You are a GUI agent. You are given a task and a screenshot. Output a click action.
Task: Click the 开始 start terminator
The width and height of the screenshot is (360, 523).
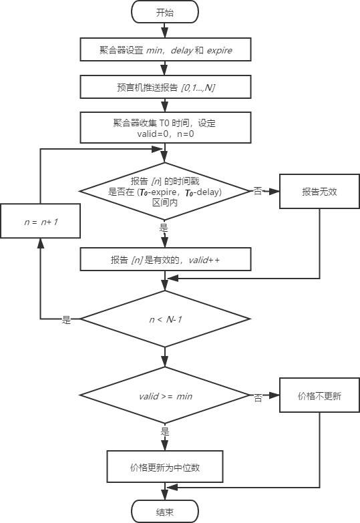coord(165,12)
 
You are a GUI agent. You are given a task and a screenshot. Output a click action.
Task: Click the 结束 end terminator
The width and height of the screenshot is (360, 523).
coord(165,512)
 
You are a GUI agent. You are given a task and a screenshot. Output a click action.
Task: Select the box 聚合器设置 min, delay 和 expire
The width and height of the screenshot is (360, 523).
coord(165,49)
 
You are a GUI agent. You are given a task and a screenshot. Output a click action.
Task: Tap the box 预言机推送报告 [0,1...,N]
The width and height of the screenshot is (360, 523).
coord(165,87)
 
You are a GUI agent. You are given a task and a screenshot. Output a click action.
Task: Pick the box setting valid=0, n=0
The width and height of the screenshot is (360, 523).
coord(165,128)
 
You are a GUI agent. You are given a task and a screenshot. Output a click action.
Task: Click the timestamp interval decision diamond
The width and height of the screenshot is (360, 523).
coord(165,190)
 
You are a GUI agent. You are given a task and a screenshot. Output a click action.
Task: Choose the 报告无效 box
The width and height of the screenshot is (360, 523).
coord(319,190)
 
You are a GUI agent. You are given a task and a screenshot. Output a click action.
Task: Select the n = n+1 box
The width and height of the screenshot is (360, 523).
coord(41,220)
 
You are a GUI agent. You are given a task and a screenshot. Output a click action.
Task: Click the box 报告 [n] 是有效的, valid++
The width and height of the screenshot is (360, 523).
coord(165,259)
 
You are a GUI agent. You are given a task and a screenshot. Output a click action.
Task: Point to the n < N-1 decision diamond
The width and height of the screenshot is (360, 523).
coord(165,319)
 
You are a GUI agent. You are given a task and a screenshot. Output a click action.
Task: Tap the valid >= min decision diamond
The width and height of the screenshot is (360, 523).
coord(165,396)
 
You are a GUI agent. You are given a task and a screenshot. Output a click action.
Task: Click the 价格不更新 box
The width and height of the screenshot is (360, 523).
coord(319,396)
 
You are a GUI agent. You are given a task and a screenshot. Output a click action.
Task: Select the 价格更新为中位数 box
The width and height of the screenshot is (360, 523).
coord(165,468)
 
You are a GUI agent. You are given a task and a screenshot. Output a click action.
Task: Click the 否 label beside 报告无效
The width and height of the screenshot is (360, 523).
coord(258,191)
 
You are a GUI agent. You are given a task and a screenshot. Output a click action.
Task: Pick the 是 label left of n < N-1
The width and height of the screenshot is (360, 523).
coord(67,320)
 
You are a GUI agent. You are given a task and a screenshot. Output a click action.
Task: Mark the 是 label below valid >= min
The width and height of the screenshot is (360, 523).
coord(165,432)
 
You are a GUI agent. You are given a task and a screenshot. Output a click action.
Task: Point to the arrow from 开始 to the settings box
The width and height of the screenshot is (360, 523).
coord(165,30)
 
